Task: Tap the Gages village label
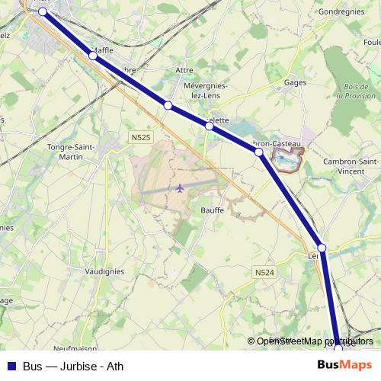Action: pyautogui.click(x=294, y=82)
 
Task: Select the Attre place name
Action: pyautogui.click(x=184, y=70)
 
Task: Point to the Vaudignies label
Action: pyautogui.click(x=105, y=271)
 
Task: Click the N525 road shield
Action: pyautogui.click(x=139, y=137)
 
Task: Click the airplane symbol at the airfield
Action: pyautogui.click(x=180, y=187)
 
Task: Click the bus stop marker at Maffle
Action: pyautogui.click(x=93, y=55)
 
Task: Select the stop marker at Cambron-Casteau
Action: pyautogui.click(x=259, y=152)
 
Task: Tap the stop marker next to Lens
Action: pyautogui.click(x=322, y=248)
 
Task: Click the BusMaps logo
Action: pyautogui.click(x=344, y=366)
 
